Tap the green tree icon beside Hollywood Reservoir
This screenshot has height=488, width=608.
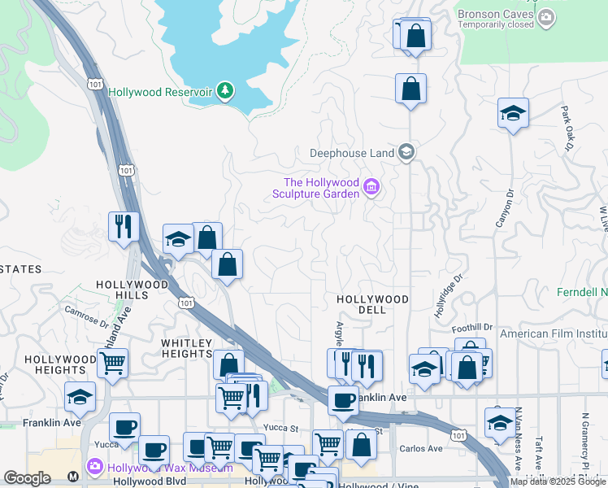tap(225, 91)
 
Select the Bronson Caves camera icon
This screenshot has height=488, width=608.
tap(547, 15)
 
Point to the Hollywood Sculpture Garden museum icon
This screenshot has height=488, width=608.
tap(371, 188)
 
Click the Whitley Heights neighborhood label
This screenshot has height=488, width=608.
tap(186, 348)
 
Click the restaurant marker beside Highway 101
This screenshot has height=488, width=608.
tap(123, 226)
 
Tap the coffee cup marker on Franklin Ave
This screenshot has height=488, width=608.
tap(343, 399)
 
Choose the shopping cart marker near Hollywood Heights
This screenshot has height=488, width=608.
tap(112, 362)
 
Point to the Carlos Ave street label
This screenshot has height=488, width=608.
tap(422, 448)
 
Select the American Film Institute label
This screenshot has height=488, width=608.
tap(553, 333)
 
